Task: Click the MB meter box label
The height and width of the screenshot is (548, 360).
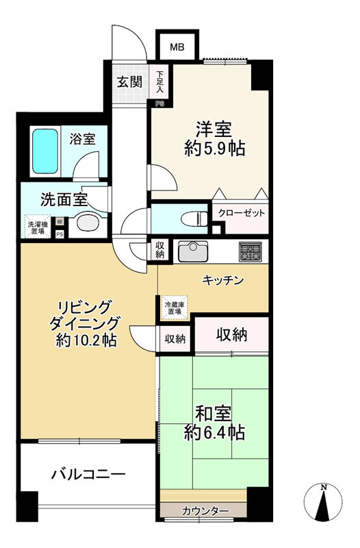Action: pyautogui.click(x=177, y=47)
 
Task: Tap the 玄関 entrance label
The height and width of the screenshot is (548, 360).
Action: pyautogui.click(x=129, y=82)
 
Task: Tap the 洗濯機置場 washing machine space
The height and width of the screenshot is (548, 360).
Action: pyautogui.click(x=36, y=227)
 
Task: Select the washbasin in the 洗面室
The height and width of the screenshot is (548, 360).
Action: pyautogui.click(x=87, y=223)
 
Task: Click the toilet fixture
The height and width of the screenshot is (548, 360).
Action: pyautogui.click(x=194, y=219)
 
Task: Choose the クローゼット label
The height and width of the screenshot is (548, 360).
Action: pyautogui.click(x=242, y=213)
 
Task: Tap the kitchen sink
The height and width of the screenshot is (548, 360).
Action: pyautogui.click(x=194, y=251)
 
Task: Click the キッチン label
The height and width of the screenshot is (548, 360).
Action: pyautogui.click(x=223, y=280)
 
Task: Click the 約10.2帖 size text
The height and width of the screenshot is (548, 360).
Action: pyautogui.click(x=85, y=339)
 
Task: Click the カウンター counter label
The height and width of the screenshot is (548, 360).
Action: pyautogui.click(x=205, y=511)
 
